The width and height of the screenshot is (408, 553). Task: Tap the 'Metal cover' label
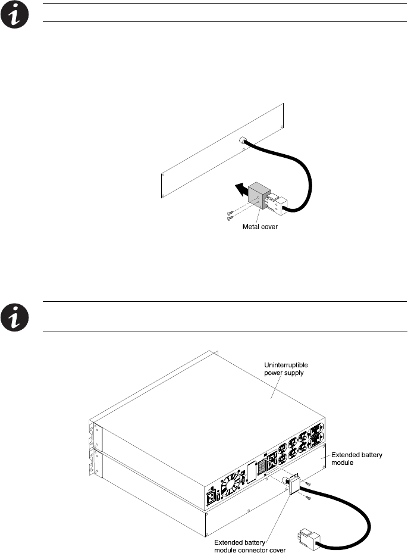point(261,226)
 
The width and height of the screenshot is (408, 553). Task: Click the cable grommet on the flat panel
point(243,141)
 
